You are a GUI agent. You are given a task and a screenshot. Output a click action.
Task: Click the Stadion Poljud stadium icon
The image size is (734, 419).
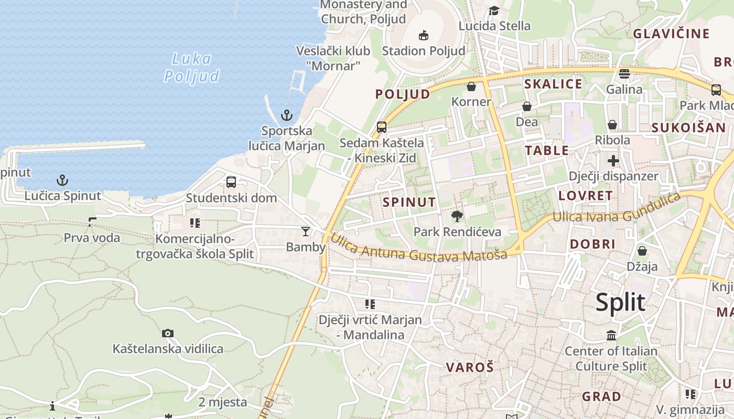pyautogui.click(x=424, y=36)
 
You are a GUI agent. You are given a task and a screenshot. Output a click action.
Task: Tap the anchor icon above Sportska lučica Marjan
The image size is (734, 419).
pyautogui.click(x=287, y=115)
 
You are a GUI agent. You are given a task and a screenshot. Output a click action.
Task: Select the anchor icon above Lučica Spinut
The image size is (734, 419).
pyautogui.click(x=62, y=181)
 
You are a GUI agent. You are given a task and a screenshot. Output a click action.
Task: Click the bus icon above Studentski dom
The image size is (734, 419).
pyautogui.click(x=231, y=182)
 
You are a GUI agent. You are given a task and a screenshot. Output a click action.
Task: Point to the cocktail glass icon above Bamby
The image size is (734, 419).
pyautogui.click(x=306, y=231)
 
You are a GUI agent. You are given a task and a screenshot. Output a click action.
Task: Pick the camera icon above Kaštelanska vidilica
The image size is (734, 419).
pyautogui.click(x=168, y=333)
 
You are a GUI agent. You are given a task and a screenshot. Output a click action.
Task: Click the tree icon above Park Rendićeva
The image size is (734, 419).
pyautogui.click(x=457, y=216)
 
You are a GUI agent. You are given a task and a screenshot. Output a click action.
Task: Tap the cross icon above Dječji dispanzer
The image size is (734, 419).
pyautogui.click(x=613, y=161)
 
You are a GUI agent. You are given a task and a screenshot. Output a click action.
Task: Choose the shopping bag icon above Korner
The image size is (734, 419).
pyautogui.click(x=471, y=86)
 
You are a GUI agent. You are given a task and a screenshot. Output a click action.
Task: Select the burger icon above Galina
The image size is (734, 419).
pyautogui.click(x=624, y=74)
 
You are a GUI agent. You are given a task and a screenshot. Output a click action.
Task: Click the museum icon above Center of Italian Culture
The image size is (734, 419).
pyautogui.click(x=611, y=335)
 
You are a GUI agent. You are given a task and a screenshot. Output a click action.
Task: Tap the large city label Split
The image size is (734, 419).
pyautogui.click(x=620, y=303)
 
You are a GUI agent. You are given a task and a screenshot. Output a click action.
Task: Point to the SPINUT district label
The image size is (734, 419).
pyautogui.click(x=409, y=202)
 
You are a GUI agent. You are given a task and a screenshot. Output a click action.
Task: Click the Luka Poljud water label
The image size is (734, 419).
pyautogui.click(x=192, y=68)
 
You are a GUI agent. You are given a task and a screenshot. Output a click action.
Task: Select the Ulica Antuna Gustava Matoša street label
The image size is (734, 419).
pyautogui.click(x=418, y=248)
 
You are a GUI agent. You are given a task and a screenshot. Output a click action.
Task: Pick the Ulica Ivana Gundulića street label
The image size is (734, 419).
pyautogui.click(x=617, y=208)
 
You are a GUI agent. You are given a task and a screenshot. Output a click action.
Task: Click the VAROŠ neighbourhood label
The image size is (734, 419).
pyautogui.click(x=470, y=367)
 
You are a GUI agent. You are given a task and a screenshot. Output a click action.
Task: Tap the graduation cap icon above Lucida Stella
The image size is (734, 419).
pyautogui.click(x=494, y=11)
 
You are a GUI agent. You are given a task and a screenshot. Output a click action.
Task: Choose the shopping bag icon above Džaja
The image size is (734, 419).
pyautogui.click(x=642, y=251)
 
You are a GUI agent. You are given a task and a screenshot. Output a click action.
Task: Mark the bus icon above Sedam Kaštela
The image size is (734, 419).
pyautogui.click(x=382, y=127)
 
